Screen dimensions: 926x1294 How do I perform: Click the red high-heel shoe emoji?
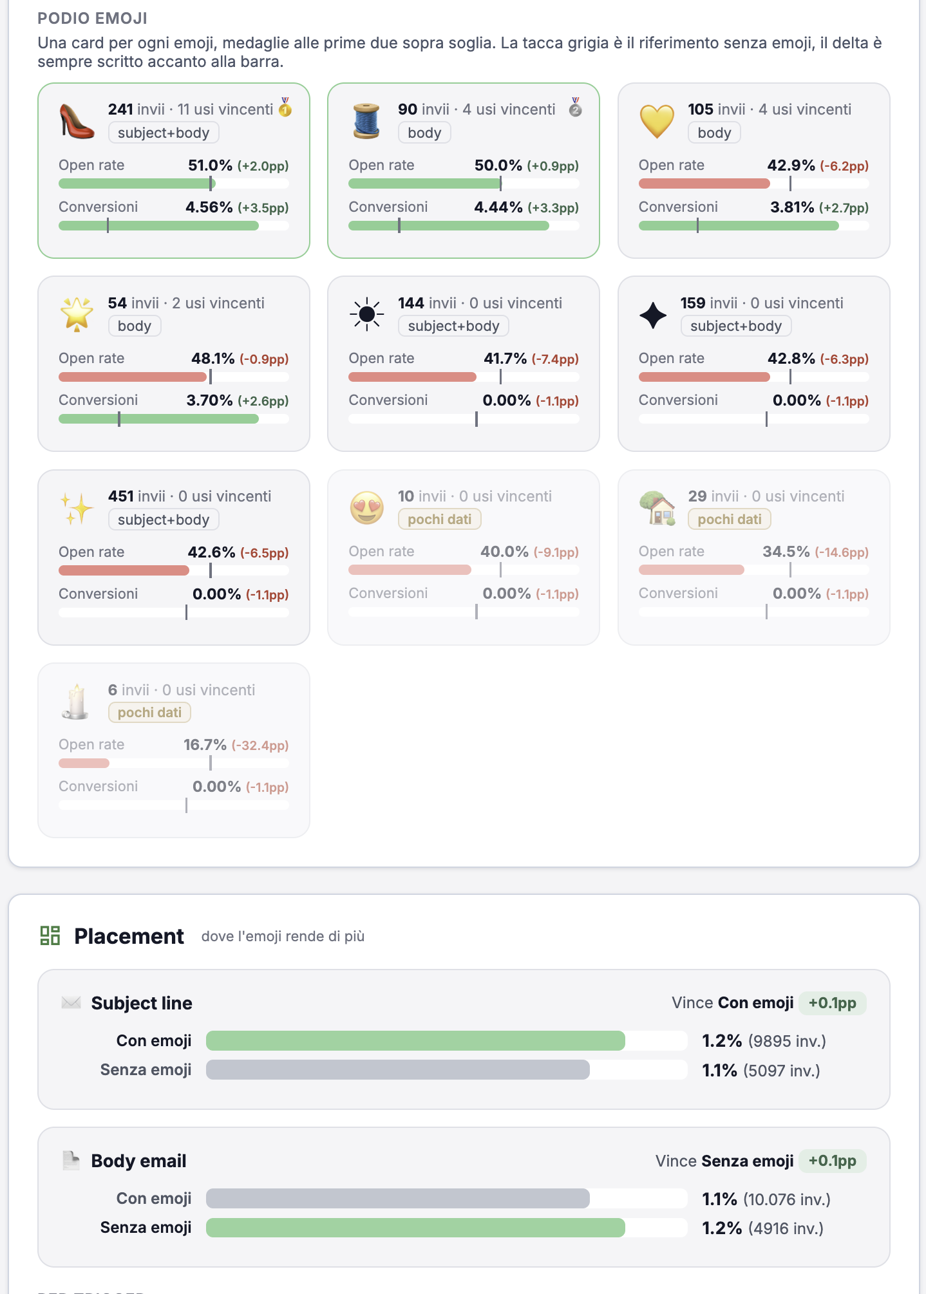coord(77,121)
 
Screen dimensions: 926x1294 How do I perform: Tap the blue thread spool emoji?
coord(366,121)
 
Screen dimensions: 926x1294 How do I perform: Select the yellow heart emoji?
coord(657,122)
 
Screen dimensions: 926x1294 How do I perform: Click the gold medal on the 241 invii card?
coord(285,108)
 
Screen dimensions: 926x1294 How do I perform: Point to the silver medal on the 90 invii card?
coord(576,108)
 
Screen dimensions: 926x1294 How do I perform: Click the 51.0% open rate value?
coord(210,165)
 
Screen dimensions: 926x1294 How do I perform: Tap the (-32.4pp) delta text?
coord(260,745)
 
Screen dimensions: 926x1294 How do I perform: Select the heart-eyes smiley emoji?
coord(367,508)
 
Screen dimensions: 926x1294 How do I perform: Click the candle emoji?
coord(76,701)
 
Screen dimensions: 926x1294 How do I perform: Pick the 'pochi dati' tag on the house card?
coord(730,519)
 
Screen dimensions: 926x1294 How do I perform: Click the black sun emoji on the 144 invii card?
coord(367,314)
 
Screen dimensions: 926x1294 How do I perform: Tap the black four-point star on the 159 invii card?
coord(653,315)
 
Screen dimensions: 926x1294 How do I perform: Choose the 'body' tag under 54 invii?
coord(135,326)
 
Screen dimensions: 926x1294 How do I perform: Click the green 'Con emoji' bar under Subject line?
coord(415,1040)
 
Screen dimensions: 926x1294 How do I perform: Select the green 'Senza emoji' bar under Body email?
coord(415,1228)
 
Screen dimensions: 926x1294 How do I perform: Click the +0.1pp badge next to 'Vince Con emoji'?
coord(833,1003)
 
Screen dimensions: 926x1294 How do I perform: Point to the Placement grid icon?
coord(50,935)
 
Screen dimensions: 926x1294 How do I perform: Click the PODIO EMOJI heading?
coord(93,18)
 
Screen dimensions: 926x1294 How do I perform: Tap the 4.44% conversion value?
coord(498,207)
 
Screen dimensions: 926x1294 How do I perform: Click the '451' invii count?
coord(121,496)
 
